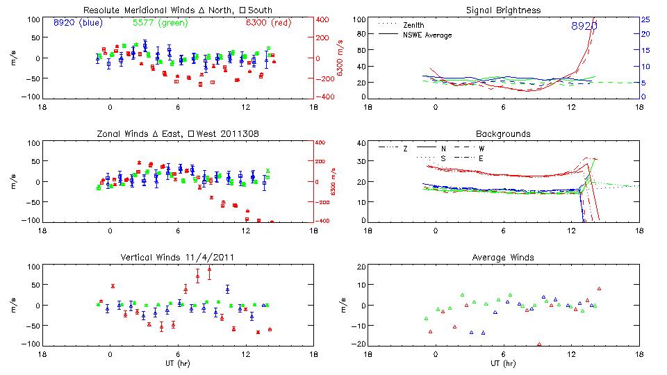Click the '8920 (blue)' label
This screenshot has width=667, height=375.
coord(77,22)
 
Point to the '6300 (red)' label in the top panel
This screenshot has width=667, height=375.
coord(267,22)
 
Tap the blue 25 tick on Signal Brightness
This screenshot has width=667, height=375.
coord(645,19)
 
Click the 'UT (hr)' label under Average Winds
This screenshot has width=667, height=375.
coord(502,363)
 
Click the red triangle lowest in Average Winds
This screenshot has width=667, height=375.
coord(539,344)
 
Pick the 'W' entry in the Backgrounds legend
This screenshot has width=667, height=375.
coord(481,149)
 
